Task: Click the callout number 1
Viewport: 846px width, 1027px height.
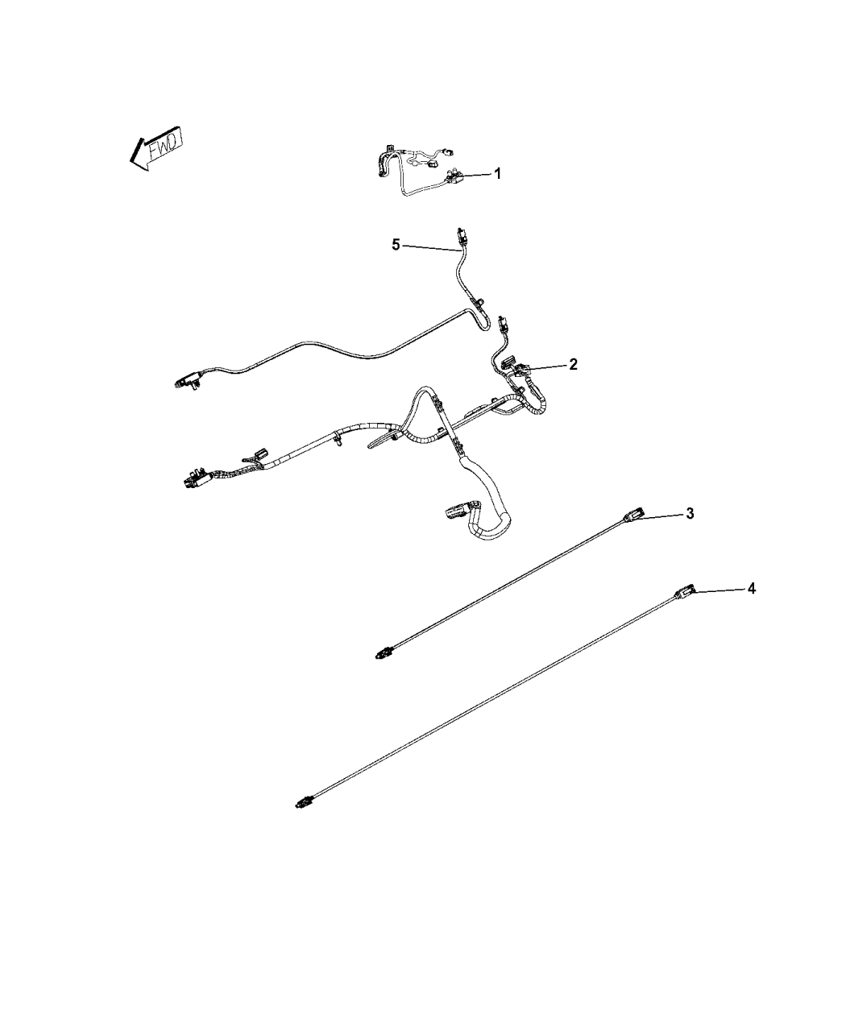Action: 498,174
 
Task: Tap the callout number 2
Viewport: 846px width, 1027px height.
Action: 573,364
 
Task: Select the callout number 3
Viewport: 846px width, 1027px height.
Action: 690,514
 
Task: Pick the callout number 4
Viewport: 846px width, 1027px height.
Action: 752,589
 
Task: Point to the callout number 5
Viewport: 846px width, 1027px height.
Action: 396,244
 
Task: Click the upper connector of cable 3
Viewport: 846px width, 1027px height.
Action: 633,516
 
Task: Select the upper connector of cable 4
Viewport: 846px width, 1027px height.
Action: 686,591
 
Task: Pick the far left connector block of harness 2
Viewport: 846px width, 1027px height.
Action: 194,480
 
